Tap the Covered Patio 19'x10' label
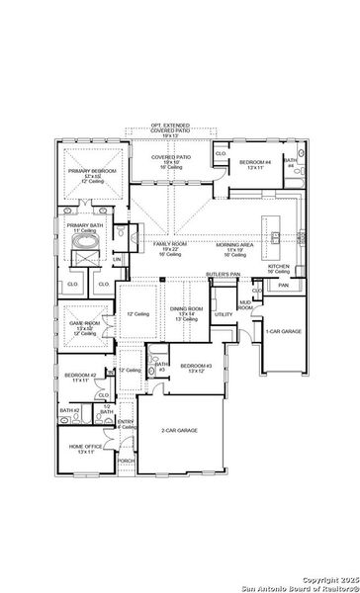(x=171, y=161)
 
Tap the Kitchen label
(x=279, y=268)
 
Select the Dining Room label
(x=188, y=310)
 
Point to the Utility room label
(x=224, y=314)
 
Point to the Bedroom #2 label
(x=80, y=379)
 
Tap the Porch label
(x=126, y=461)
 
